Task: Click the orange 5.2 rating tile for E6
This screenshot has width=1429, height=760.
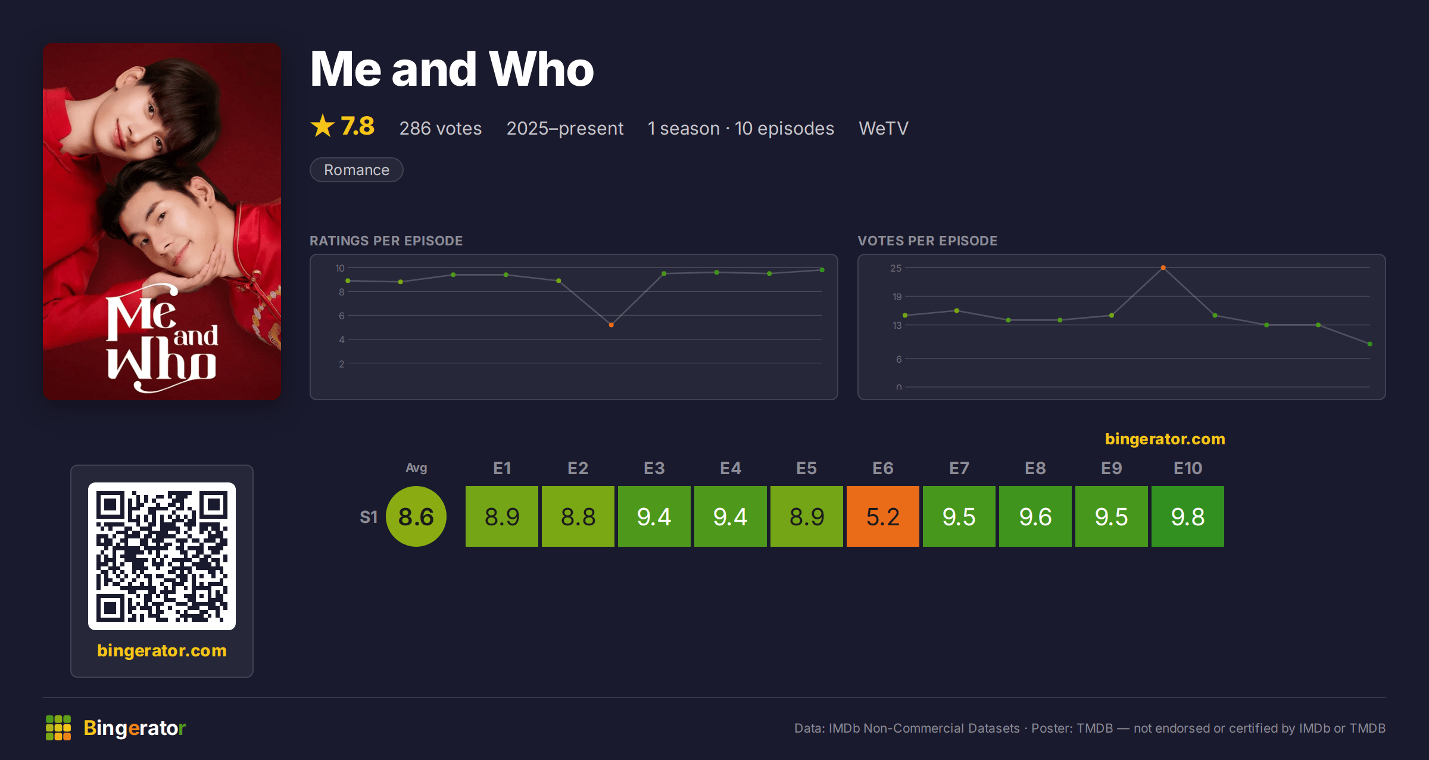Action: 883,516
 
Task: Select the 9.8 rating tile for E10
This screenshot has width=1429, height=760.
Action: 1188,516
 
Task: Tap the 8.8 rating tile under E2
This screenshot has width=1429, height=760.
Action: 578,516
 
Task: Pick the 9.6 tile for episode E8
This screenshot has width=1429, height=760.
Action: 1035,516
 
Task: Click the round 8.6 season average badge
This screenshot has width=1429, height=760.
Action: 416,516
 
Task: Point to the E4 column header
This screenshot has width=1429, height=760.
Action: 731,468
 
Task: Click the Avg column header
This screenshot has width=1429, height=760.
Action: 416,468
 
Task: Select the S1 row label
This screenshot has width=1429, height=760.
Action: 369,517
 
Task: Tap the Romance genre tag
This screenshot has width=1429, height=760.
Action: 357,170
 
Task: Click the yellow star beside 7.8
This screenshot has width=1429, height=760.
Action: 323,126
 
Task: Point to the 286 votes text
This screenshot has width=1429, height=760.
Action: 441,128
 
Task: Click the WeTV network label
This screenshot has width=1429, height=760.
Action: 884,128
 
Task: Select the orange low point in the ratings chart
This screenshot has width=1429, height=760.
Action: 611,325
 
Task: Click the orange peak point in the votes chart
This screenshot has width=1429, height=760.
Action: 1163,267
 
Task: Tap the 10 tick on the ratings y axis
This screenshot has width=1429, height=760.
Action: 340,268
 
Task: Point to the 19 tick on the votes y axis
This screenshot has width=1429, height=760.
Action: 897,297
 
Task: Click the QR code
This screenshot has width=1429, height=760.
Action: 162,556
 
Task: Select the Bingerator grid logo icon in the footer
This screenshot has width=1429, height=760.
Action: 58,728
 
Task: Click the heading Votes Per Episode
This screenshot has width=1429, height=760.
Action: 928,241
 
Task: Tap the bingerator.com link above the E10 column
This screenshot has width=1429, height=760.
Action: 1165,439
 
